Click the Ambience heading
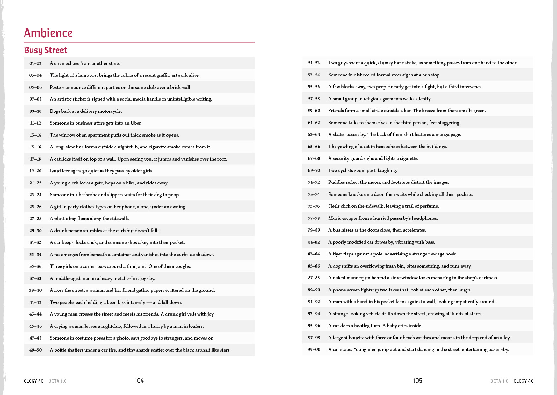point(48,33)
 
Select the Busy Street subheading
point(46,50)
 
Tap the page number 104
point(139,381)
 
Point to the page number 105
point(417,381)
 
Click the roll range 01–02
point(35,63)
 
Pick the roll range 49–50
point(35,350)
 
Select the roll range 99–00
point(314,349)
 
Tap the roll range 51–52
point(314,63)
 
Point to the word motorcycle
point(110,111)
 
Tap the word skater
point(339,134)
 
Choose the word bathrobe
point(88,195)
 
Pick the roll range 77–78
point(314,218)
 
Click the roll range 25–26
point(35,207)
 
